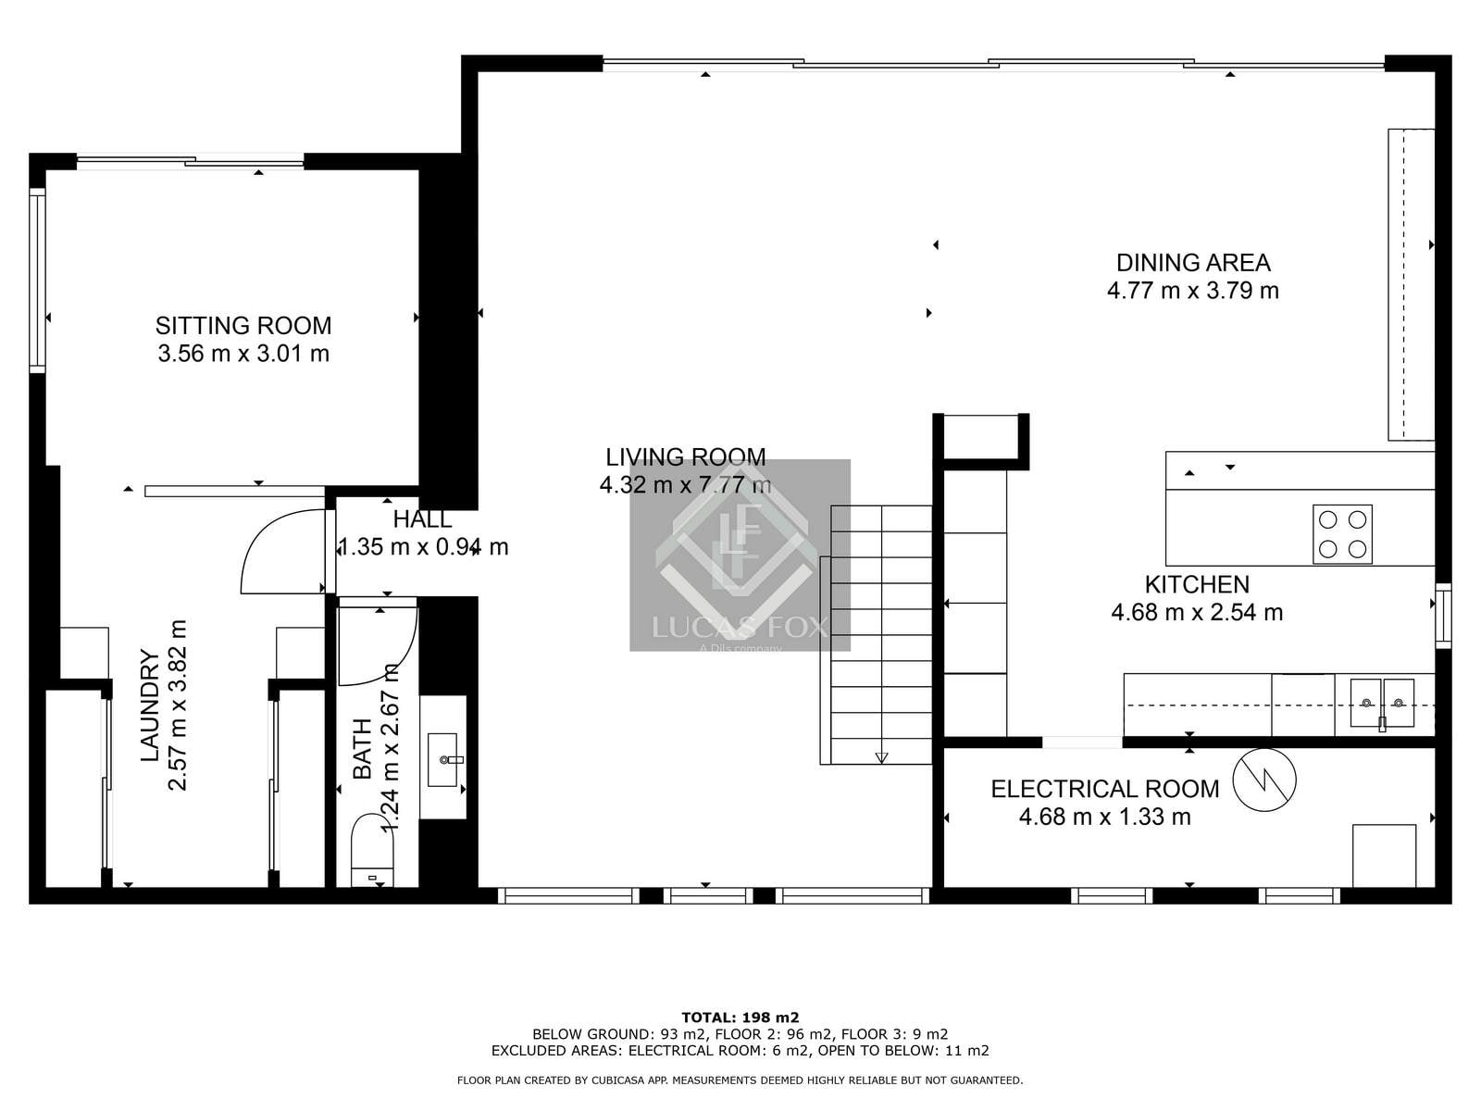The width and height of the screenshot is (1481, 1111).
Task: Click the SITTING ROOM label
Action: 243,326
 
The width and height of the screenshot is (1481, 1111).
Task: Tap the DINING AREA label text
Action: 1193,263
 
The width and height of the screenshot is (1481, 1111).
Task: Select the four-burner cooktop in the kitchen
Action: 1342,534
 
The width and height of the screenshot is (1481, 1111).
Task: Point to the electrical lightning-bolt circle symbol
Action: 1264,780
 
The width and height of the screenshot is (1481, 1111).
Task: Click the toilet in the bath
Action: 373,850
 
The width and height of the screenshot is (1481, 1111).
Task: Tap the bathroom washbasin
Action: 444,759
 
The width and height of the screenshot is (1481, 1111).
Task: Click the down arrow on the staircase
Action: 881,757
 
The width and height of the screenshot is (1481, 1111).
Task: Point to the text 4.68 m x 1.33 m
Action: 1104,817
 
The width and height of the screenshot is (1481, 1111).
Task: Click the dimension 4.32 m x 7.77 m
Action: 685,484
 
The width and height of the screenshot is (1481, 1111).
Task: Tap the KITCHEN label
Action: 1197,584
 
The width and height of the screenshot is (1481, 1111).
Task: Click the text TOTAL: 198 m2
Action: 740,1017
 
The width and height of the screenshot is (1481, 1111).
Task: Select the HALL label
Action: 422,519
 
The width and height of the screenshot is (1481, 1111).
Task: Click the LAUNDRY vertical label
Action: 150,706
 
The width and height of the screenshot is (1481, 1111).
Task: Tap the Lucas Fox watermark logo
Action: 740,555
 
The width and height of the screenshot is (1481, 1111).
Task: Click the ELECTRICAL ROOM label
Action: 1104,789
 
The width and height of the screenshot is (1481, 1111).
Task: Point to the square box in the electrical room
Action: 1384,855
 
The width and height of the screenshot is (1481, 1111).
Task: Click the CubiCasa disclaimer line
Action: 740,1080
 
